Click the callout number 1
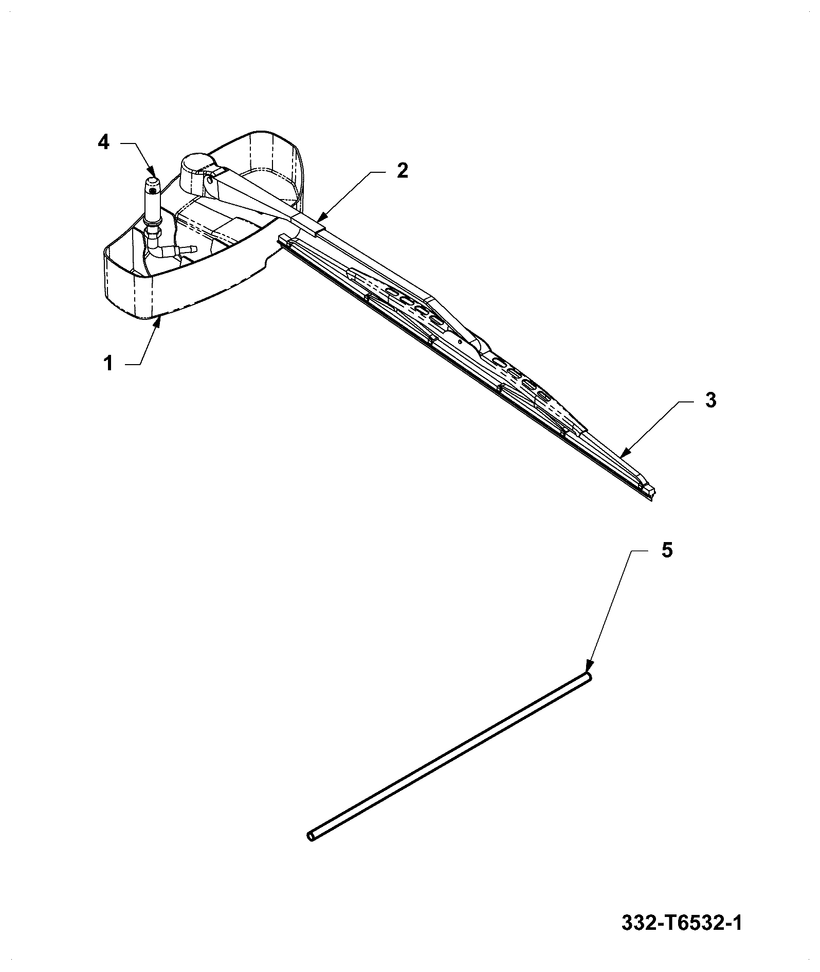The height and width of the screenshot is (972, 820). pos(108,364)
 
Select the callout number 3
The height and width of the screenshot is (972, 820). pos(710,400)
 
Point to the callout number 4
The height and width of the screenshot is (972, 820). pos(104,142)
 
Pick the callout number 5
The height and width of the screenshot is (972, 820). pos(666,550)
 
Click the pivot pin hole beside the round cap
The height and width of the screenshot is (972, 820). pos(211,180)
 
